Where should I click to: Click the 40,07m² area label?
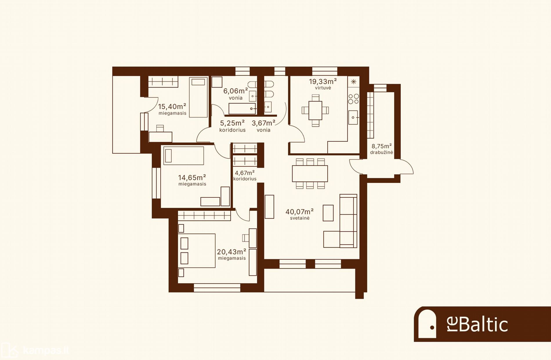[300, 212]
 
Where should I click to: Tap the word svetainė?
[300, 218]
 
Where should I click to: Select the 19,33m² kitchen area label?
[323, 81]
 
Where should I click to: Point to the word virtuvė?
[323, 88]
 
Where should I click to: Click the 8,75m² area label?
[382, 146]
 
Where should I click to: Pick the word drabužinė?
[382, 152]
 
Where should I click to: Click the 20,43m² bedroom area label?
[232, 252]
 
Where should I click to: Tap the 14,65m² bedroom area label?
[192, 177]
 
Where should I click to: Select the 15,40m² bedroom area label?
[172, 106]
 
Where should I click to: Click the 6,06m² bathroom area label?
[235, 91]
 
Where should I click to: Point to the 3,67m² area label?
[263, 123]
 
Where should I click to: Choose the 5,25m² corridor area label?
[232, 123]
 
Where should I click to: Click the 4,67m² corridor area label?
[245, 173]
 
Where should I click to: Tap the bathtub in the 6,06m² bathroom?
[242, 109]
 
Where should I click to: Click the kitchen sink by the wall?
[353, 117]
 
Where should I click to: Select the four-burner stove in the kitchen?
[354, 99]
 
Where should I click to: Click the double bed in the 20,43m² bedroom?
[197, 251]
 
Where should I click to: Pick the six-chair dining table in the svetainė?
[310, 174]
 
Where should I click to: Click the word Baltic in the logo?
[483, 324]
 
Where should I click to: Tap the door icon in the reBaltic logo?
[427, 324]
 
